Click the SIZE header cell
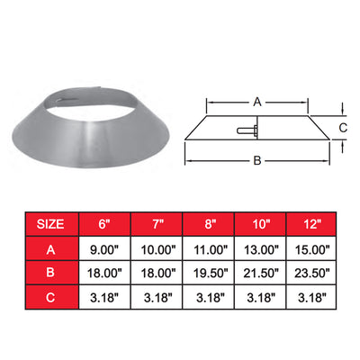click(52, 224)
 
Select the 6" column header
click(104, 224)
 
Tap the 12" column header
click(311, 224)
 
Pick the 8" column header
click(208, 224)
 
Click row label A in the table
click(52, 248)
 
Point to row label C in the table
click(52, 297)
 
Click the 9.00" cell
click(104, 248)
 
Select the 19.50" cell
click(208, 273)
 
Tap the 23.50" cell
click(311, 273)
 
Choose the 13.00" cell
click(260, 248)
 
